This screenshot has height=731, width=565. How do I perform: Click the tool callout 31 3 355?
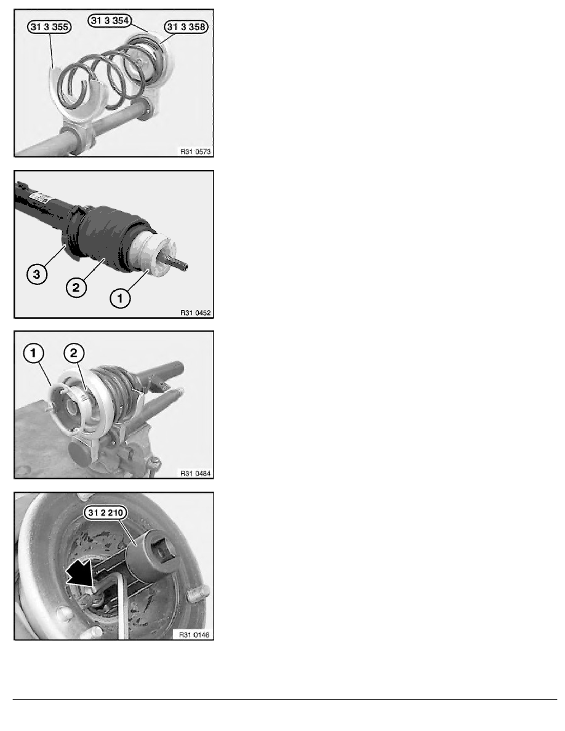pyautogui.click(x=49, y=27)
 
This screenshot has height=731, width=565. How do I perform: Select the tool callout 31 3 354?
pyautogui.click(x=110, y=20)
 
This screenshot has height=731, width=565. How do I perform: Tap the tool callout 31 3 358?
pyautogui.click(x=186, y=27)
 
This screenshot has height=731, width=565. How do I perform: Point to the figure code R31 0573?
pyautogui.click(x=195, y=151)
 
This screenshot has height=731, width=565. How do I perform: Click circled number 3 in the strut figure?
pyautogui.click(x=37, y=274)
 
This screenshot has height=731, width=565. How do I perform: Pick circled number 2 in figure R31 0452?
pyautogui.click(x=76, y=287)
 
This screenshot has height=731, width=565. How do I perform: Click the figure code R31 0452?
pyautogui.click(x=195, y=313)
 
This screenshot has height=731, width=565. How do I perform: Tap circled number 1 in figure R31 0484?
pyautogui.click(x=33, y=353)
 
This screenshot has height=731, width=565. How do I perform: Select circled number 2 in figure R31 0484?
pyautogui.click(x=74, y=353)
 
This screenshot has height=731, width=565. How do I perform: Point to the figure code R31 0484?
pyautogui.click(x=195, y=474)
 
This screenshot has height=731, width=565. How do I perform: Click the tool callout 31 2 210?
pyautogui.click(x=105, y=513)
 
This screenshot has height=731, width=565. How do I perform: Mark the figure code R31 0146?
pyautogui.click(x=194, y=635)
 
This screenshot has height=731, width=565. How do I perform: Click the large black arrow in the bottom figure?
pyautogui.click(x=81, y=572)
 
